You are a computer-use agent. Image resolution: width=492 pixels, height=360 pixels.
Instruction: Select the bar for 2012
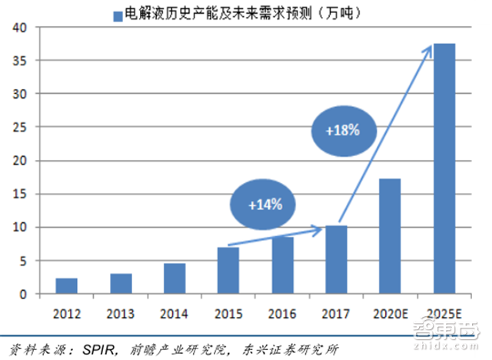coord(66,286)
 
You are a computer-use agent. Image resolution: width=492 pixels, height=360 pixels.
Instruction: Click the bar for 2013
coord(121,284)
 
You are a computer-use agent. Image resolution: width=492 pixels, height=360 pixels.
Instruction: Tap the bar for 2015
coord(228,270)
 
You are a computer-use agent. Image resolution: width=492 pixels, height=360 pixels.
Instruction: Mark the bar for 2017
coord(337,259)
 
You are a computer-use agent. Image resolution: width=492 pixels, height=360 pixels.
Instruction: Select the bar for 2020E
coord(391,236)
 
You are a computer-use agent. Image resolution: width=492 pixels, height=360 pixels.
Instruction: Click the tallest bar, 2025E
coord(444,168)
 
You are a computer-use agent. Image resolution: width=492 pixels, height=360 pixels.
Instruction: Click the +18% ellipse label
coord(342,130)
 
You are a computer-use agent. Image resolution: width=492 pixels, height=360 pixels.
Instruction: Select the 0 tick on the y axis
coord(22,295)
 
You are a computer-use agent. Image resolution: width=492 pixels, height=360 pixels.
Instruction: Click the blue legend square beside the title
coord(117,13)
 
